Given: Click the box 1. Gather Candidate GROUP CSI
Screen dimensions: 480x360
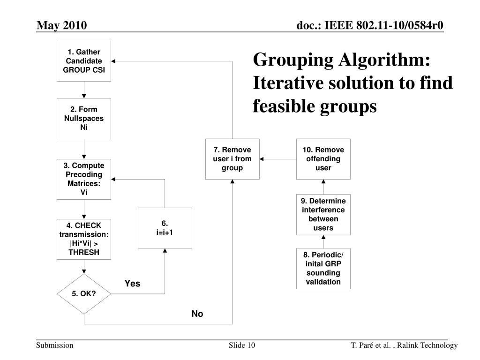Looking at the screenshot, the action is [x=84, y=61].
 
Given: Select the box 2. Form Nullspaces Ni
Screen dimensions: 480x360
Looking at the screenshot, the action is [x=84, y=119].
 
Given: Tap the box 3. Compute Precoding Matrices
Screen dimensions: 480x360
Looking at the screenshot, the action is [x=84, y=180].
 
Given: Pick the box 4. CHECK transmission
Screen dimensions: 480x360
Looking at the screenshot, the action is [x=84, y=239].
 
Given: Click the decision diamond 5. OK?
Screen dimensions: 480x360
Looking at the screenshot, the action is [x=84, y=294].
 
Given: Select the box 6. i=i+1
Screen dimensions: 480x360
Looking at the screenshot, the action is [x=165, y=228].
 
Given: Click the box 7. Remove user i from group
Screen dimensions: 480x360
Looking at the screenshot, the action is [x=232, y=159].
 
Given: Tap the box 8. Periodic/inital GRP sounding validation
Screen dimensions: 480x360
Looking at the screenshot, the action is [x=323, y=268].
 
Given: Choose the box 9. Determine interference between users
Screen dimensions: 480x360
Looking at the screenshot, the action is [x=323, y=215].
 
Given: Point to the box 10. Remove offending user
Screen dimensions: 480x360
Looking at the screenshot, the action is [x=323, y=159].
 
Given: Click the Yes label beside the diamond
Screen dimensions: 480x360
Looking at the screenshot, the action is [x=132, y=284].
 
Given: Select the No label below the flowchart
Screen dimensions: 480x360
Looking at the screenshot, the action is [x=197, y=314].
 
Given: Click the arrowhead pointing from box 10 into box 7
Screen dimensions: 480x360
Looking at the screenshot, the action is [x=262, y=159].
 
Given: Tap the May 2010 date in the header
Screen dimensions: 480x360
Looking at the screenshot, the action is [x=62, y=25].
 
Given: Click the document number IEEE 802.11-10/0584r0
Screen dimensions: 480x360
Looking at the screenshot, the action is [x=370, y=25].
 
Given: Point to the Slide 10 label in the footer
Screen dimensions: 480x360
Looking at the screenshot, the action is [x=242, y=345].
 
